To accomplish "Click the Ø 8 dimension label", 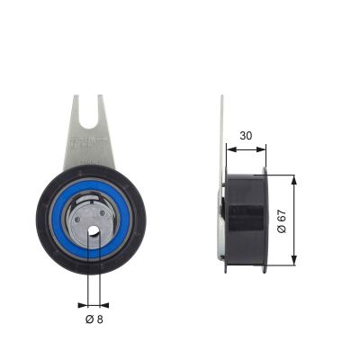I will pos(94,319).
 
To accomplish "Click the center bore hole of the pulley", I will pos(94,232).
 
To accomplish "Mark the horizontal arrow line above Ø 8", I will pos(94,303).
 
